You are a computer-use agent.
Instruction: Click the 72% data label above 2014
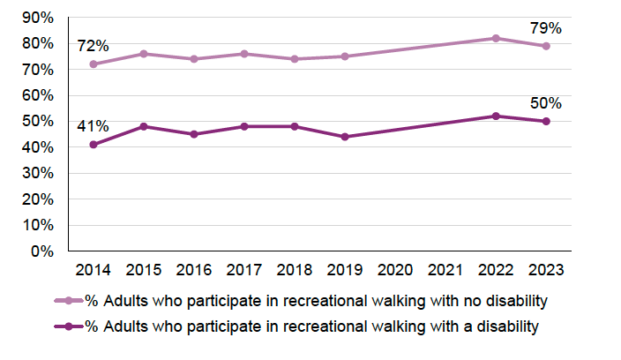[93, 45]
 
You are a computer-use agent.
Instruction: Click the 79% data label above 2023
[546, 28]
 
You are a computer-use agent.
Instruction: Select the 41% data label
[93, 125]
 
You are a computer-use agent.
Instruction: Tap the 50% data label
[546, 103]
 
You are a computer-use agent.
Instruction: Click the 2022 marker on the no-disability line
[496, 38]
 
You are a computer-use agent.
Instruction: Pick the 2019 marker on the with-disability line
[345, 137]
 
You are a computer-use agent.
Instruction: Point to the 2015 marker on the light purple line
[143, 54]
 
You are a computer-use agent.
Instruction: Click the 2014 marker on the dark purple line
[93, 145]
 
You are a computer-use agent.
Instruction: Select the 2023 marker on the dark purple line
[546, 121]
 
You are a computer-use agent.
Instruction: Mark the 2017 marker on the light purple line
[243, 54]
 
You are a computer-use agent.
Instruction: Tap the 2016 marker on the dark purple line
[193, 134]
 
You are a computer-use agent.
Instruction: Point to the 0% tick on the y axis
[41, 251]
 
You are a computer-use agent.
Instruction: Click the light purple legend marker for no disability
[67, 301]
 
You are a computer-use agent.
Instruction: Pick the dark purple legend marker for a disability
[67, 326]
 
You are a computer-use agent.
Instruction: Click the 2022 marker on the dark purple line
[496, 116]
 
